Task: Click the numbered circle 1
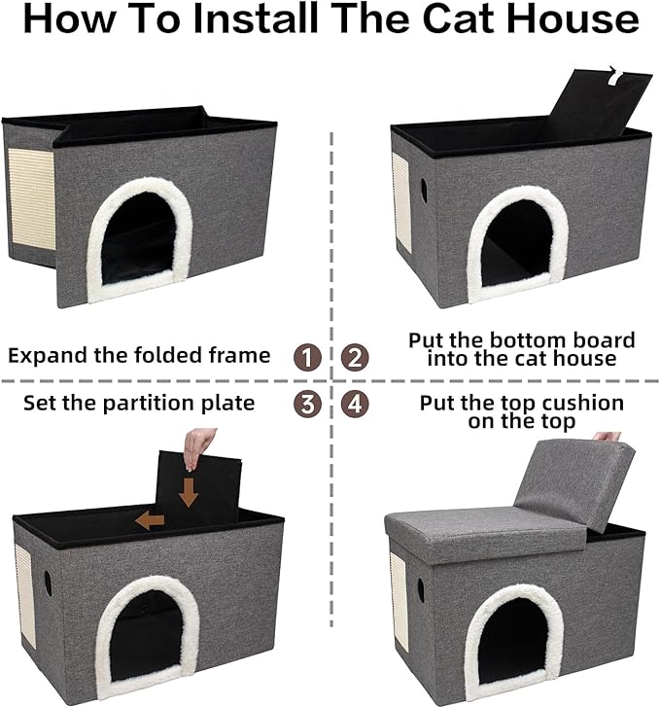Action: (308, 357)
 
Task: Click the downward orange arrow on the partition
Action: (189, 491)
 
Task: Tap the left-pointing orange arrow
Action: (149, 520)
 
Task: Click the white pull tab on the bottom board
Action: (611, 71)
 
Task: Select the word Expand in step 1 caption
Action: (48, 356)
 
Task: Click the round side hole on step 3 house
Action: (48, 582)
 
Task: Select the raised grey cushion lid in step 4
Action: (573, 482)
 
